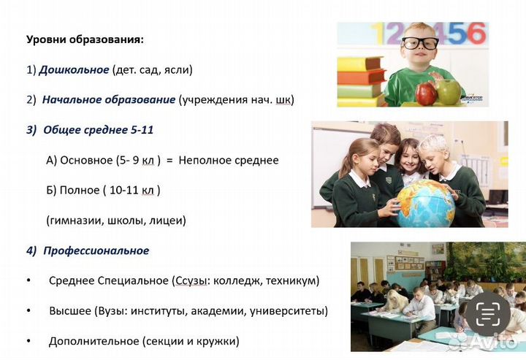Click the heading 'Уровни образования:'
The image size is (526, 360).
click(85, 39)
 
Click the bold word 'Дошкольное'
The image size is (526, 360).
click(74, 70)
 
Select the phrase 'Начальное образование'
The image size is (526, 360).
click(109, 99)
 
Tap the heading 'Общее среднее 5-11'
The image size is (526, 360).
click(98, 130)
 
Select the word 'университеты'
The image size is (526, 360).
click(288, 310)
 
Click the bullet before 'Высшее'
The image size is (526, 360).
click(28, 310)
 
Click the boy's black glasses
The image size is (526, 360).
click(419, 42)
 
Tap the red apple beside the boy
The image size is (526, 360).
click(426, 93)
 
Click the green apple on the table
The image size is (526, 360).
click(449, 91)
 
